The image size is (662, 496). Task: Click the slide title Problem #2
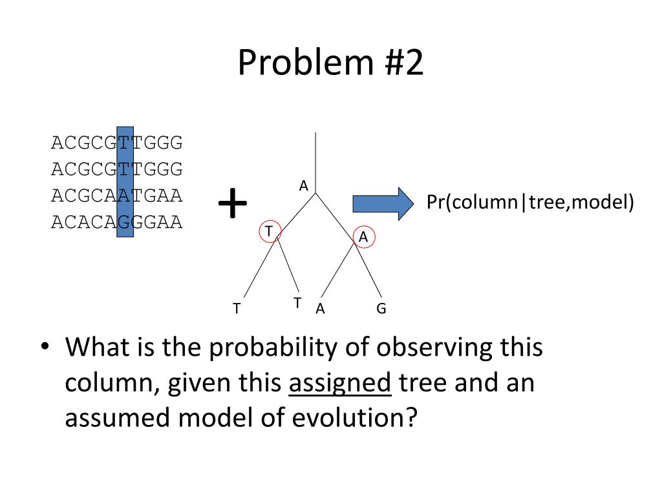pos(330,63)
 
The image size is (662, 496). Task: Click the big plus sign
pos(233,204)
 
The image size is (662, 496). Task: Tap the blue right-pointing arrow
pos(383,203)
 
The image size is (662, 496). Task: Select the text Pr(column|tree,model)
pos(530,203)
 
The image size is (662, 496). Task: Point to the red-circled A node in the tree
pos(363,237)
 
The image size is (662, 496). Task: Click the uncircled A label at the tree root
pos(303,186)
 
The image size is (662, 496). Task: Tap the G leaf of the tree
pos(381,309)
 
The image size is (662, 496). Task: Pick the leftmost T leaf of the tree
pos(237,309)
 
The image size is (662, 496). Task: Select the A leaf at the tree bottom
pos(320,309)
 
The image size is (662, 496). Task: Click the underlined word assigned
pos(340,384)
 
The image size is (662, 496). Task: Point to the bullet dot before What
pos(44,347)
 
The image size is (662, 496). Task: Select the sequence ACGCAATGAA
pos(117,194)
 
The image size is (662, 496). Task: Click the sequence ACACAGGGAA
pos(117,223)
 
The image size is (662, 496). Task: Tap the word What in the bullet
pos(96,349)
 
